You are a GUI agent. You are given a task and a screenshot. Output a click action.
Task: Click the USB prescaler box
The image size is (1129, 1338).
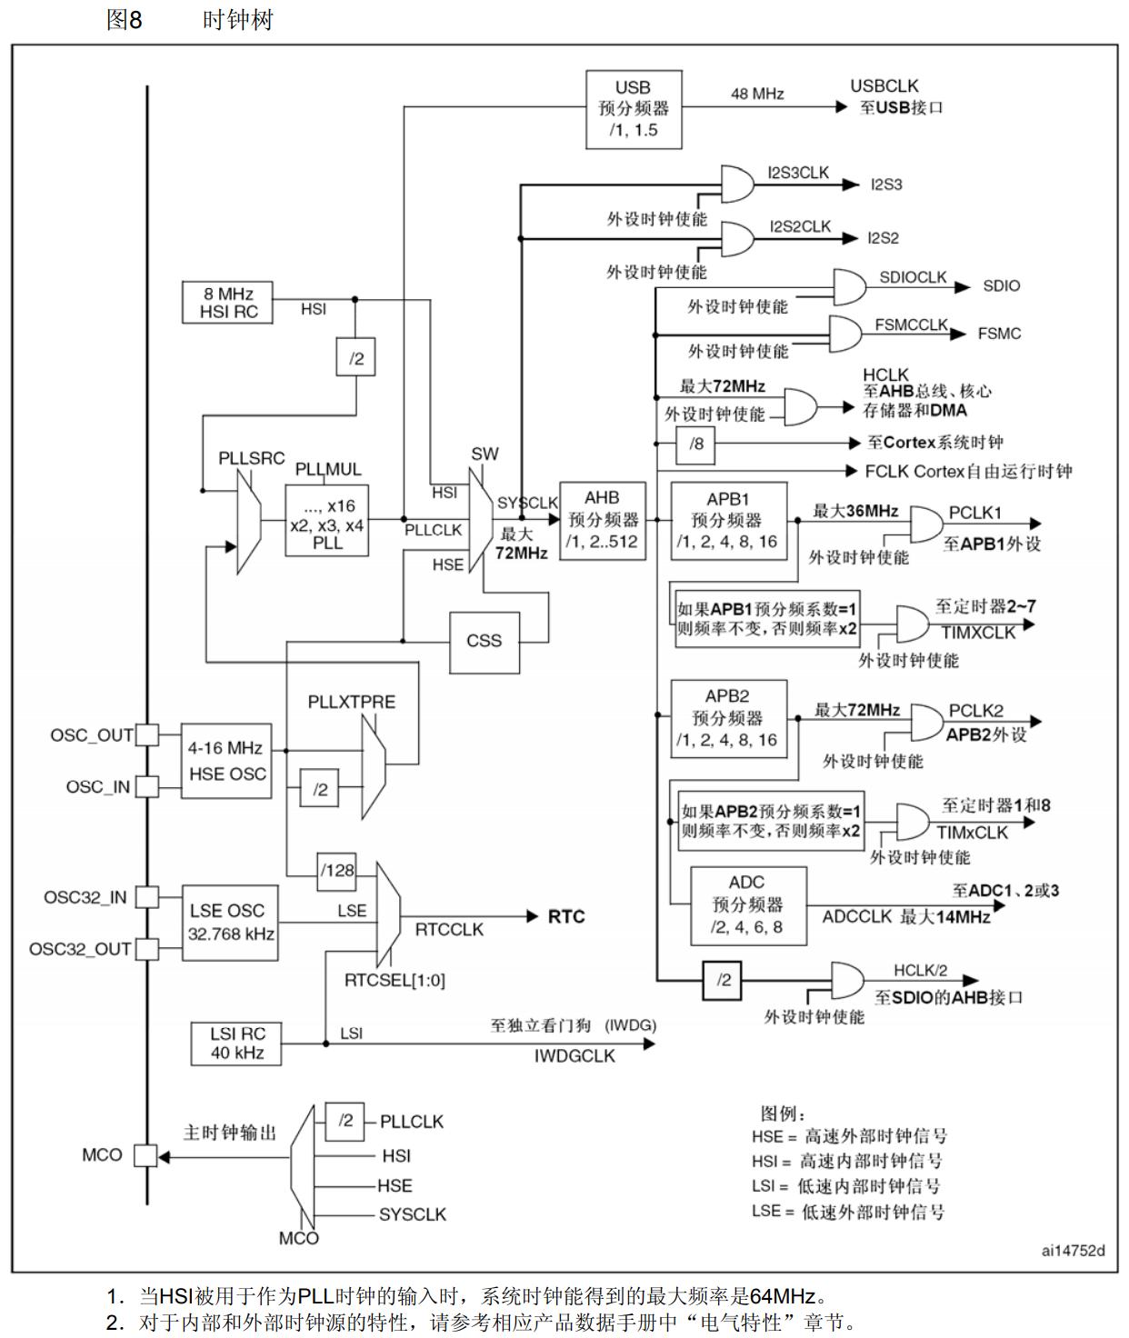coord(634,109)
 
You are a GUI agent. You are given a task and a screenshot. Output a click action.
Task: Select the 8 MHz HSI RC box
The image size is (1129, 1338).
coord(228,303)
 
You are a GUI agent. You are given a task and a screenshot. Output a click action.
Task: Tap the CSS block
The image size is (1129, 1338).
coord(485,641)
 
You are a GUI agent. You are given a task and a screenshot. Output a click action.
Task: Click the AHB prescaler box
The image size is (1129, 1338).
coord(602,521)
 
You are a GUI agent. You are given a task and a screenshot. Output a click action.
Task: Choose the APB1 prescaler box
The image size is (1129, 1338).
coord(727,521)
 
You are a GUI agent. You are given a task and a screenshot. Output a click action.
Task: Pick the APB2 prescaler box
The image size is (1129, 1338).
coord(727,718)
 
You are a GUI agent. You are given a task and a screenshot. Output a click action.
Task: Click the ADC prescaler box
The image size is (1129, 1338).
coord(747,905)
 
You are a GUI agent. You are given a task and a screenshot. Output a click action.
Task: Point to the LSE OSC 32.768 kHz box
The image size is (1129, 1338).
coord(229,922)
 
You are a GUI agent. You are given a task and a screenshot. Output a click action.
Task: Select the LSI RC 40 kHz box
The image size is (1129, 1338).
coord(236,1043)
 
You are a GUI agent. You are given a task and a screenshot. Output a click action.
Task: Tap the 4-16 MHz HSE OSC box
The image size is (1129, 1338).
coord(226,761)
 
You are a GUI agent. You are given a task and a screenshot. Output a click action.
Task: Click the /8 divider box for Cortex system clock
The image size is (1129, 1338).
coord(696,444)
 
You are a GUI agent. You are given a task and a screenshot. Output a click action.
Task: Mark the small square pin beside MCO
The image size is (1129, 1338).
coord(145,1155)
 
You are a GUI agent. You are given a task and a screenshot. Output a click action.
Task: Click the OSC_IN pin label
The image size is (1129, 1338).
coord(97,787)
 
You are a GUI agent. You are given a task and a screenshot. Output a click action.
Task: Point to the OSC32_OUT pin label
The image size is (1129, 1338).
coord(80,949)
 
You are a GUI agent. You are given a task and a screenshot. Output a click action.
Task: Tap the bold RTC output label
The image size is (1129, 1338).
coord(566,916)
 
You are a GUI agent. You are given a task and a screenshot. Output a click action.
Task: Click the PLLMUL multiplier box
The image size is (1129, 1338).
coord(327,520)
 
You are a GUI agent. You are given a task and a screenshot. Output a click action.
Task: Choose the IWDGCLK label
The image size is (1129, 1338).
coord(574,1056)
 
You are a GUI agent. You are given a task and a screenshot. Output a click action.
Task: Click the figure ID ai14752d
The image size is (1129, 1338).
coord(1074,1251)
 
